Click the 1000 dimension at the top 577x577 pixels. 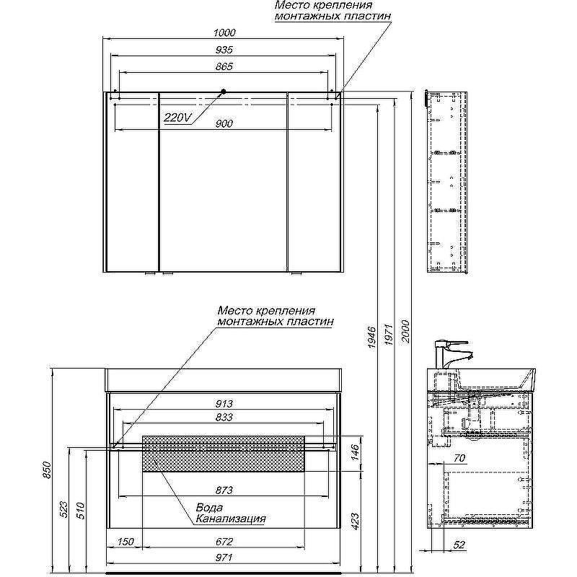pyautogui.click(x=224, y=32)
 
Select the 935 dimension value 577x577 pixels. pyautogui.click(x=224, y=49)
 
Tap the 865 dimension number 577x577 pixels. pyautogui.click(x=224, y=66)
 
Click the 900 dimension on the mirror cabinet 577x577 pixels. pyautogui.click(x=224, y=123)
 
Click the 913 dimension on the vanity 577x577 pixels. pyautogui.click(x=224, y=404)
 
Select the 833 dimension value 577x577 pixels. pyautogui.click(x=224, y=417)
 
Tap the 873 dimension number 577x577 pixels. pyautogui.click(x=224, y=490)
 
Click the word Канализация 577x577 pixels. pyautogui.click(x=230, y=518)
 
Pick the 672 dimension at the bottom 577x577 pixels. pyautogui.click(x=224, y=542)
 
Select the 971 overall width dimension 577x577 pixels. pyautogui.click(x=224, y=558)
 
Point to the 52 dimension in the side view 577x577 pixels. pyautogui.click(x=460, y=545)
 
